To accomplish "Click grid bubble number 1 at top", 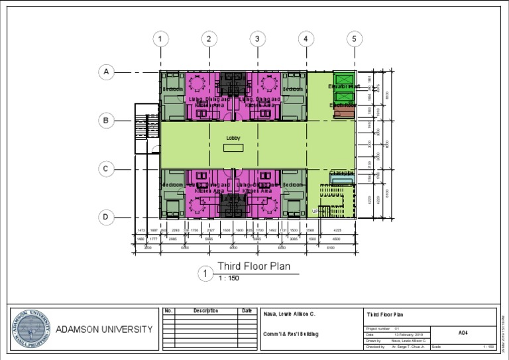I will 160,39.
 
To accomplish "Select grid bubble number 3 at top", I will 257,39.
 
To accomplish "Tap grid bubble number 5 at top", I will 354,39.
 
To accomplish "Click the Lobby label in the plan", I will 233,138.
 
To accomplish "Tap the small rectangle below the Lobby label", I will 233,148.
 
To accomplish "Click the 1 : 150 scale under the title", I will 229,278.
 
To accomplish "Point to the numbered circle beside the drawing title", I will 206,273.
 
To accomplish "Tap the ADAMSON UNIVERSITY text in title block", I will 103,330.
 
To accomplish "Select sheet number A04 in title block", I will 463,333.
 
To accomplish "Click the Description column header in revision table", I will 205,310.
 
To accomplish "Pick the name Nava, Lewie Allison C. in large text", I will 289,313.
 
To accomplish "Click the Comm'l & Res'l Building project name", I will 291,334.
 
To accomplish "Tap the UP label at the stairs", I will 315,211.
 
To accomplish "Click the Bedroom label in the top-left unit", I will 173,89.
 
